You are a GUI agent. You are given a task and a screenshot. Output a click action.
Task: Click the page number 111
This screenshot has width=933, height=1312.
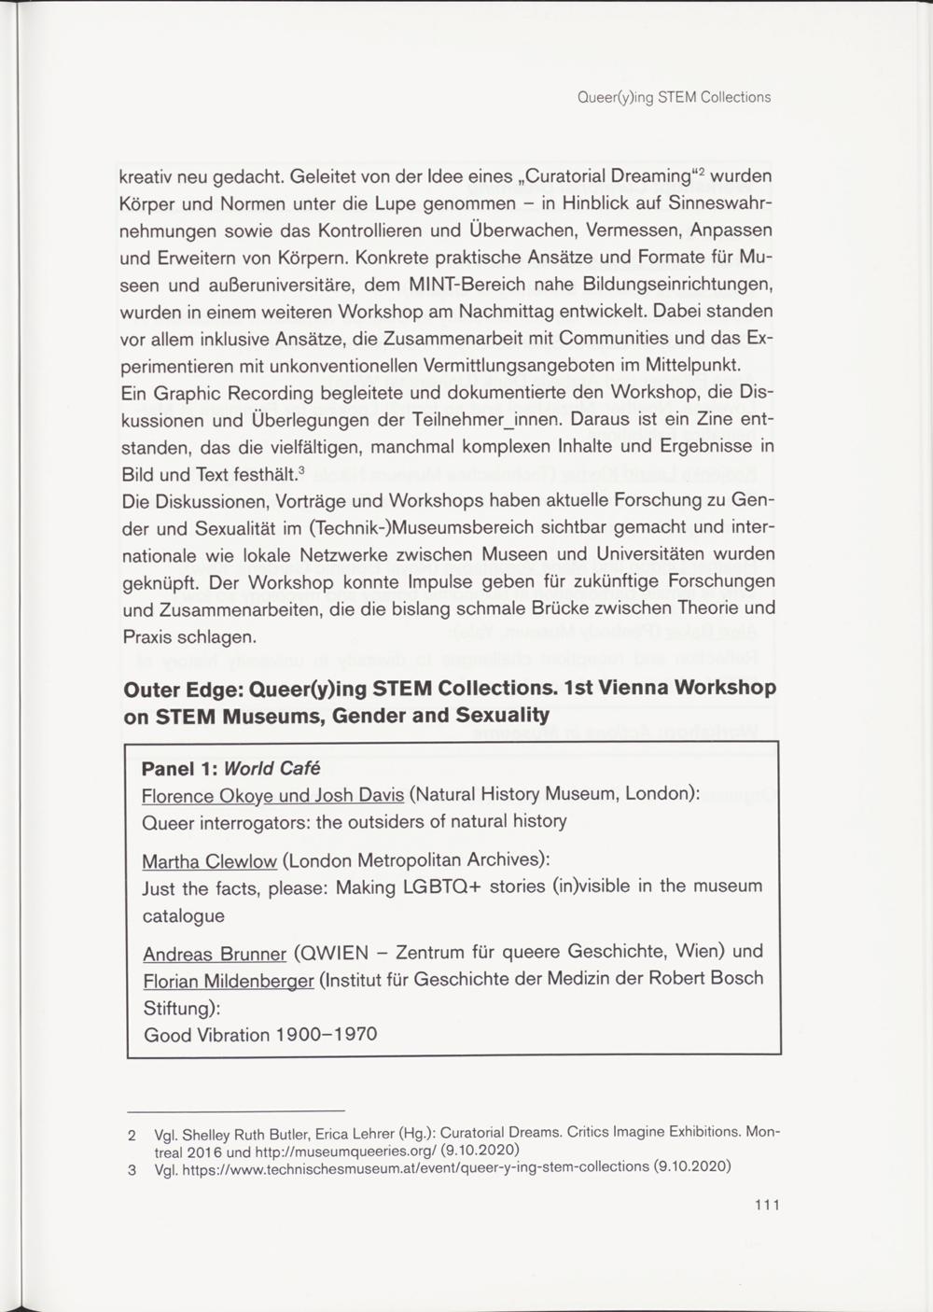click(x=767, y=1204)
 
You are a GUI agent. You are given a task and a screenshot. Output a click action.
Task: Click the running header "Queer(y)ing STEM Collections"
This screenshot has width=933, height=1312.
click(x=674, y=97)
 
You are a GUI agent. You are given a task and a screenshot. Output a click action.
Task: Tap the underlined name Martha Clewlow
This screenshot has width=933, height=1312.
click(x=209, y=859)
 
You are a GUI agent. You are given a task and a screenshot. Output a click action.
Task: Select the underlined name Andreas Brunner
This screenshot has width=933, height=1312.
click(x=214, y=954)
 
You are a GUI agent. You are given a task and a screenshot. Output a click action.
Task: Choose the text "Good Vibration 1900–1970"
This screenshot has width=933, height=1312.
click(x=259, y=1034)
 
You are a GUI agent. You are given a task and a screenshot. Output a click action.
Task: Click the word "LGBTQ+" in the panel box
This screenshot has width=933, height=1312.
click(x=441, y=886)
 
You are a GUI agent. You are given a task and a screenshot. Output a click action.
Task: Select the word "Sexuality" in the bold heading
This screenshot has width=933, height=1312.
click(x=502, y=716)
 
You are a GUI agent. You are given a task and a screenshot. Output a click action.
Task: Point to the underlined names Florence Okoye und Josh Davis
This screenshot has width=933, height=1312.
click(x=272, y=795)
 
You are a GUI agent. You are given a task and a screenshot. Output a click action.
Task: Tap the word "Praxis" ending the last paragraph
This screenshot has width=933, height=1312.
click(x=149, y=636)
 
